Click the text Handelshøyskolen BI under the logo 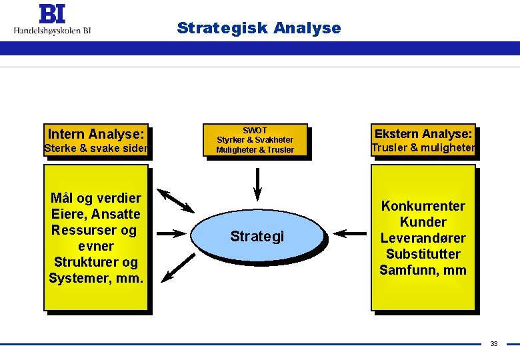click(52, 30)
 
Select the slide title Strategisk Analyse click(259, 28)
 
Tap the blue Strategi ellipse click(257, 236)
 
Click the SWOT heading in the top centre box click(255, 130)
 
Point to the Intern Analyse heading click(95, 134)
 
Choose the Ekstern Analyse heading click(423, 133)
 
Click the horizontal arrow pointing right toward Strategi click(169, 234)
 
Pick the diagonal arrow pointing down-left click(177, 264)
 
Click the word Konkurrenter click(423, 206)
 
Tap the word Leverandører click(423, 238)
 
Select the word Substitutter click(423, 254)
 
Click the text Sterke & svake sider click(95, 149)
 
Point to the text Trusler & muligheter click(423, 148)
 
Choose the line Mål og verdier click(96, 198)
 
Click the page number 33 click(493, 344)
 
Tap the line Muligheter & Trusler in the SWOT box click(255, 150)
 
